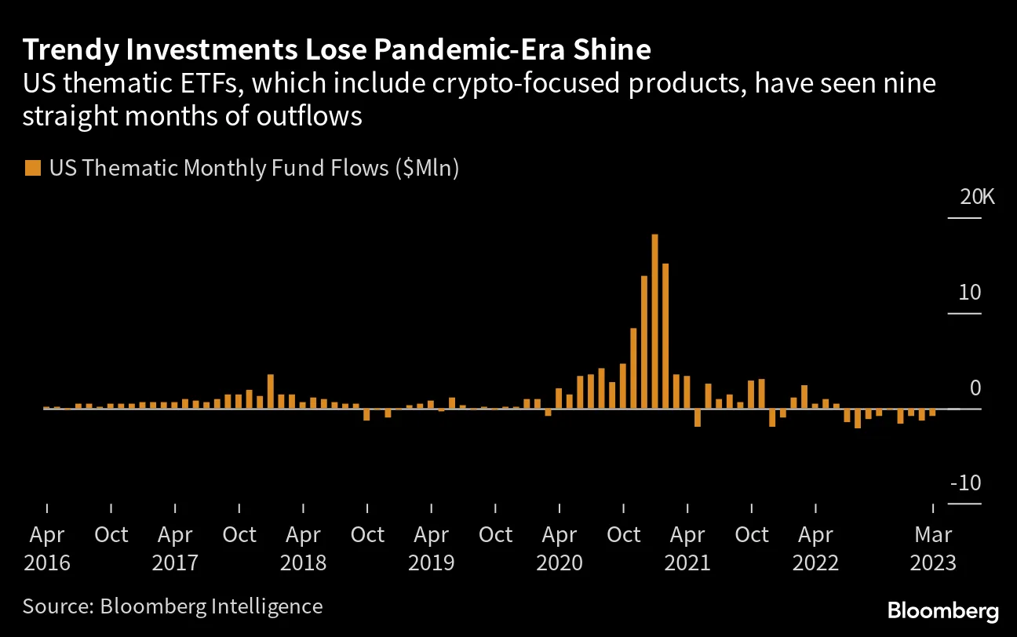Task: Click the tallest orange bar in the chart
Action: (654, 322)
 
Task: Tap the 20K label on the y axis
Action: (977, 197)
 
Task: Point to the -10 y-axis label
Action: (965, 483)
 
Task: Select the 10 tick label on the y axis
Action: (970, 293)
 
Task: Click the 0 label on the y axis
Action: (975, 388)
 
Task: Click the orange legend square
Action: (32, 168)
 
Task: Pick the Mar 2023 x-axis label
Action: (933, 548)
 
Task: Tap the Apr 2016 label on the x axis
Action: (46, 548)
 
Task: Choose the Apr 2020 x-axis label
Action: (560, 548)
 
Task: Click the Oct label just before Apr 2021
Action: (624, 535)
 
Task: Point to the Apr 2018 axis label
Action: (303, 548)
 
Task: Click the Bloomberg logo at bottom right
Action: (943, 610)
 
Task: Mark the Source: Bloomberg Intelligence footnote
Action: (173, 606)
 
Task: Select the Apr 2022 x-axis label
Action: (815, 548)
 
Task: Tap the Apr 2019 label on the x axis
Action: (431, 548)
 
